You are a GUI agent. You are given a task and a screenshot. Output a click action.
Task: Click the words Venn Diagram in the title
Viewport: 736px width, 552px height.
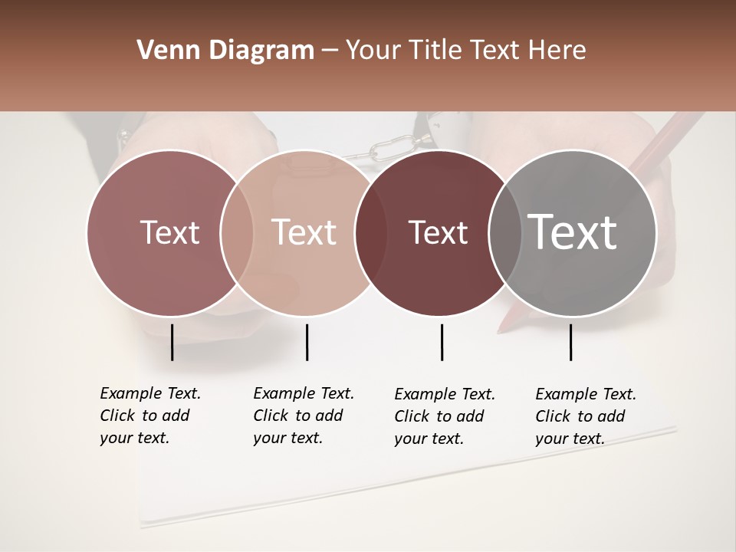pos(225,51)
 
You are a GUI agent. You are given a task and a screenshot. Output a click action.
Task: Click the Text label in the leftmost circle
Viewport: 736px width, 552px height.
pos(169,232)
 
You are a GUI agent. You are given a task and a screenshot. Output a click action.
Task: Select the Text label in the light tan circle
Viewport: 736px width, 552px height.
pos(304,232)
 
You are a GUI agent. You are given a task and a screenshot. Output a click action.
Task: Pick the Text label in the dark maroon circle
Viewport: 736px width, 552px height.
pos(438,232)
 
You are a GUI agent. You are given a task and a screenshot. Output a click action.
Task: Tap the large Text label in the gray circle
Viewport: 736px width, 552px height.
pos(573,232)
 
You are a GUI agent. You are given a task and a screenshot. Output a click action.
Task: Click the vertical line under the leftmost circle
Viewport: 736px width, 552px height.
pos(172,342)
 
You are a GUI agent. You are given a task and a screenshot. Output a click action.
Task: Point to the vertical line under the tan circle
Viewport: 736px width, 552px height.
pos(307,342)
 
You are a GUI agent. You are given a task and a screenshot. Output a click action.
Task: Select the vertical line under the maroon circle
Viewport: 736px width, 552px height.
pos(442,342)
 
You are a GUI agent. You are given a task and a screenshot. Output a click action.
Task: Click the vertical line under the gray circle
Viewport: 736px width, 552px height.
pos(571,342)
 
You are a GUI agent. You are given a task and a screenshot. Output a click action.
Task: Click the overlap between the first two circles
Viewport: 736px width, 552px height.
pos(237,233)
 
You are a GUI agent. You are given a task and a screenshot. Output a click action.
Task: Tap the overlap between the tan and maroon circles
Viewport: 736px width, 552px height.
pos(364,233)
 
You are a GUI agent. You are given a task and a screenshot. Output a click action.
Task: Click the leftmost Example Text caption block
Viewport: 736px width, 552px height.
pos(150,416)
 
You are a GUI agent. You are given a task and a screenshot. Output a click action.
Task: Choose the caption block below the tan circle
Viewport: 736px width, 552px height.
pos(304,416)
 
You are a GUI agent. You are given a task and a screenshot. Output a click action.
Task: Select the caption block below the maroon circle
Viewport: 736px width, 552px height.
pos(445,416)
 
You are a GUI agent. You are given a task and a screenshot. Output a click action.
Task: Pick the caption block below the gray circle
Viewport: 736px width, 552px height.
pos(586,416)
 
